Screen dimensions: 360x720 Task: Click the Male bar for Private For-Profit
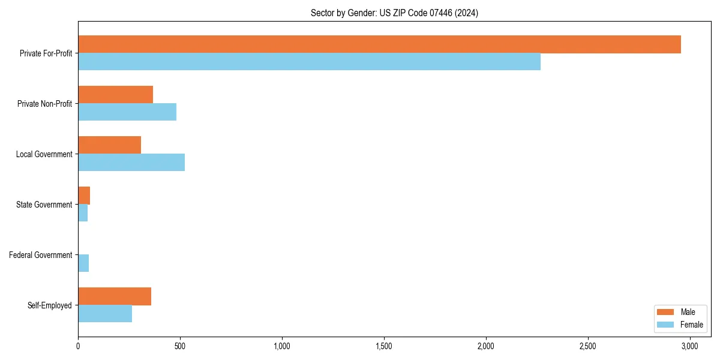tap(379, 44)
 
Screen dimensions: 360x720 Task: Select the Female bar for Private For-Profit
tap(309, 62)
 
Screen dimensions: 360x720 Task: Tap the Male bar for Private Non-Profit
tap(115, 95)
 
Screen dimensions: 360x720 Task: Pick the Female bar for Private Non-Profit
tap(127, 112)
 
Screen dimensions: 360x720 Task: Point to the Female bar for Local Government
tap(131, 163)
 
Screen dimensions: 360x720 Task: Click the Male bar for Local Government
tap(109, 145)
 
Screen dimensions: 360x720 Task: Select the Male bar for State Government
tap(84, 196)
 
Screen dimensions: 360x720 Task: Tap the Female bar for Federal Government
tap(83, 263)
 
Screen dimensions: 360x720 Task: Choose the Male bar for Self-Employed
tap(115, 296)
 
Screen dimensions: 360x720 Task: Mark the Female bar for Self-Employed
tap(105, 314)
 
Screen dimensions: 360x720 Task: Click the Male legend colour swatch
tap(666, 312)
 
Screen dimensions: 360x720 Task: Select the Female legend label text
tap(691, 325)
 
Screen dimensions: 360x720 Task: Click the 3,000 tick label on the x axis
tap(689, 346)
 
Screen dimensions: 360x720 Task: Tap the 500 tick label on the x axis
tap(180, 346)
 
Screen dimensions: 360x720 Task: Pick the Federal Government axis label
tap(40, 255)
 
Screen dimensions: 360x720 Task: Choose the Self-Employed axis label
tap(49, 305)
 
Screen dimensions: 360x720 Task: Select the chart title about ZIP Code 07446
tap(394, 13)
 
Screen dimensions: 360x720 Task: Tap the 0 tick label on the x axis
tap(78, 346)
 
